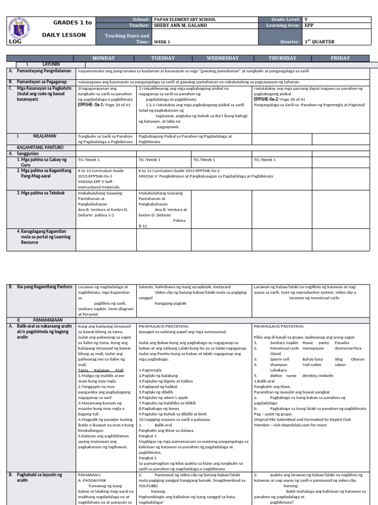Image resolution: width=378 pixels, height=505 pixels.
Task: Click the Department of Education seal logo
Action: click(22, 30)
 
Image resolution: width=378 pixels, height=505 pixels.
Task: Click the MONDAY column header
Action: click(106, 58)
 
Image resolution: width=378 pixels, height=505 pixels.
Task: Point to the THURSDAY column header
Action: click(283, 58)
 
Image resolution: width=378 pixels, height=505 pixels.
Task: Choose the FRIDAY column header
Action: click(340, 58)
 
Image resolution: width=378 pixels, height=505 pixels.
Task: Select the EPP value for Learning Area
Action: click(309, 25)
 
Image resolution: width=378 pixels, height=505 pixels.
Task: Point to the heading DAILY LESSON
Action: click(63, 35)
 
